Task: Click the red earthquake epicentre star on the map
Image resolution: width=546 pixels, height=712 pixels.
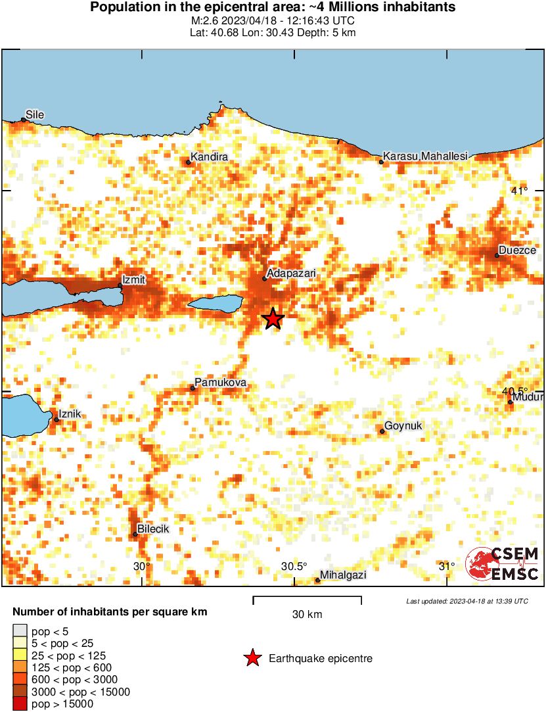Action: [x=273, y=319]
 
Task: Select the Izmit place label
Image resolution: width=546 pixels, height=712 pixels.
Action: [x=134, y=279]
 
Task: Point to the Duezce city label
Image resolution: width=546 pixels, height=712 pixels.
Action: [x=517, y=250]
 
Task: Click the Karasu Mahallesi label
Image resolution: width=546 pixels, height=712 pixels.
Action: [x=425, y=156]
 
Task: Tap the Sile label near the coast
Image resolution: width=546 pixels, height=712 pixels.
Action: [x=35, y=114]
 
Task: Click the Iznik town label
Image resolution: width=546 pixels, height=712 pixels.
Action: [x=70, y=414]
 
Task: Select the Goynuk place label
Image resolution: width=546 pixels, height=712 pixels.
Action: [x=403, y=426]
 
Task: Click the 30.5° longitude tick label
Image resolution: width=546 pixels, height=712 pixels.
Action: [x=294, y=567]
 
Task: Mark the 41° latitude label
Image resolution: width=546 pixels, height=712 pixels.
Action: [x=519, y=191]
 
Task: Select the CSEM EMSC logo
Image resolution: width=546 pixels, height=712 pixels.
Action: [x=502, y=565]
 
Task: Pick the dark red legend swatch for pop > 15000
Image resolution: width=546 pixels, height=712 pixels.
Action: [x=20, y=704]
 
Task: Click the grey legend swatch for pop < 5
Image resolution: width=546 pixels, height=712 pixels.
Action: [x=20, y=630]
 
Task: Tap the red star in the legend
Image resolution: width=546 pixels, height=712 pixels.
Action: [x=252, y=658]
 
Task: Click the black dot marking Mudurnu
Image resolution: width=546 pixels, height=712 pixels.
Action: [x=510, y=402]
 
